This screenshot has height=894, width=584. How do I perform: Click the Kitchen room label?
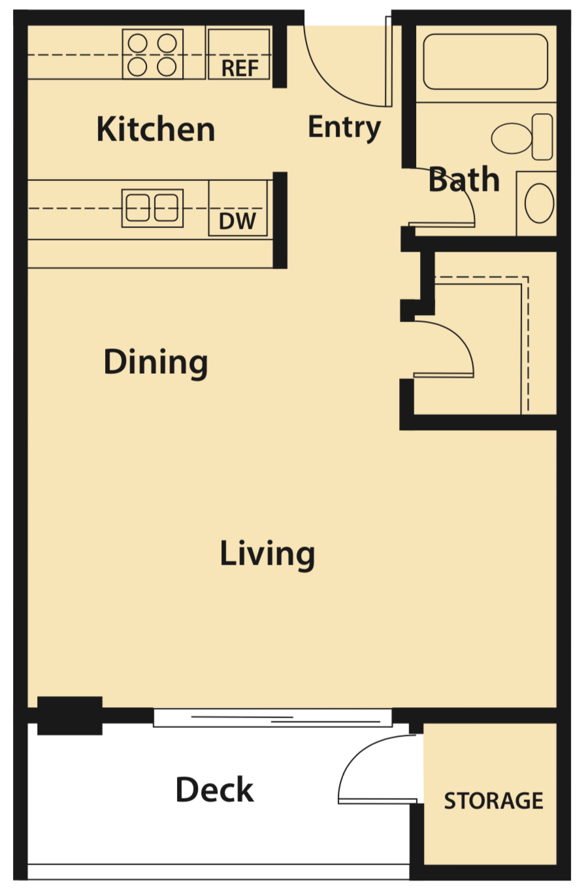pos(155,129)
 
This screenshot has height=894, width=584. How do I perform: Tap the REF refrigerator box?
pos(239,54)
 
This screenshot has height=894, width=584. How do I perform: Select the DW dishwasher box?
pos(238,208)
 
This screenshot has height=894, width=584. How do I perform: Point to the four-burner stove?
pos(153,54)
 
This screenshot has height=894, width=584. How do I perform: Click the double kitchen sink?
pos(152,208)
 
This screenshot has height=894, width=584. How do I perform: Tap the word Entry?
pos(344,127)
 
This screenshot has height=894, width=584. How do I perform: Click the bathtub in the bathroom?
pos(485,61)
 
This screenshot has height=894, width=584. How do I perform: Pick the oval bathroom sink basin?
pos(540,203)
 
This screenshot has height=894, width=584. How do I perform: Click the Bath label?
pos(464,180)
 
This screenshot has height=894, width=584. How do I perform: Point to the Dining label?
pos(155,361)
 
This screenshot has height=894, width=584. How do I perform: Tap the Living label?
pos(267,554)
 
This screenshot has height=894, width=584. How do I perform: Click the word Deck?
pos(214,789)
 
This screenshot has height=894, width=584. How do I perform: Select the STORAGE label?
pos(493,801)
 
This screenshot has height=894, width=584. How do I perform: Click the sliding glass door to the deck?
pos(273,718)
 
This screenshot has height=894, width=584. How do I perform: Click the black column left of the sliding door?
pos(69,715)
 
